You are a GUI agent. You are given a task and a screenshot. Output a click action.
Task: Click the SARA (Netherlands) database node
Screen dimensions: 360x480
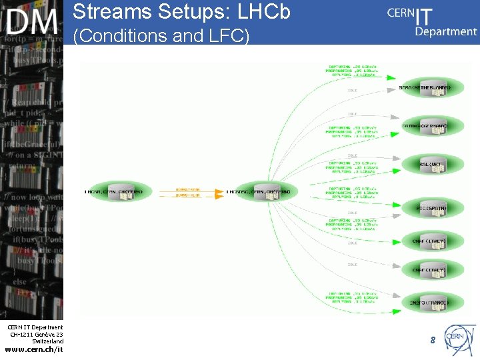pos(433,87)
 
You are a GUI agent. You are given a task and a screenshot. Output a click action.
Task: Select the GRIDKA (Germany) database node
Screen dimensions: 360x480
pos(433,126)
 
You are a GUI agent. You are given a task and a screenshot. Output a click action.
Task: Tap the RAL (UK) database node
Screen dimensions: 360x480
pos(433,164)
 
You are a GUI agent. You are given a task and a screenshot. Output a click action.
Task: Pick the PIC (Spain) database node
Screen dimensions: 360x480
pos(433,208)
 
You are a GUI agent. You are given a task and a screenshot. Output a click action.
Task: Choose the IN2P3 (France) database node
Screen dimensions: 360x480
pos(433,303)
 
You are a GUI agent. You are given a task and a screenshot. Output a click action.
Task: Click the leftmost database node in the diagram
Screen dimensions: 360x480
pos(118,192)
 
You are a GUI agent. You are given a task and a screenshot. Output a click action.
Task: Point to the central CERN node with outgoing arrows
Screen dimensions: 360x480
pos(261,192)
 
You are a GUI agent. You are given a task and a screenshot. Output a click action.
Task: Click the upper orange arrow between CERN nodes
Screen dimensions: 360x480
pos(189,189)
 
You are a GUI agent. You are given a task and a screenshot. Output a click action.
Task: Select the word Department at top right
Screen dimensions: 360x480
pos(445,31)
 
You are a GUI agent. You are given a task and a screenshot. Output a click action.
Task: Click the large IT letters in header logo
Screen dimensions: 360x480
pos(424,15)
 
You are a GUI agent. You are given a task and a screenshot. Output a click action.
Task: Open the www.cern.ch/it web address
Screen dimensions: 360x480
pos(33,349)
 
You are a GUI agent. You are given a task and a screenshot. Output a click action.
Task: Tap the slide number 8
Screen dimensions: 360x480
pos(433,340)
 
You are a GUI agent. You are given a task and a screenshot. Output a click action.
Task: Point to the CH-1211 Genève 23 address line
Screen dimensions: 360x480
pos(36,334)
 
